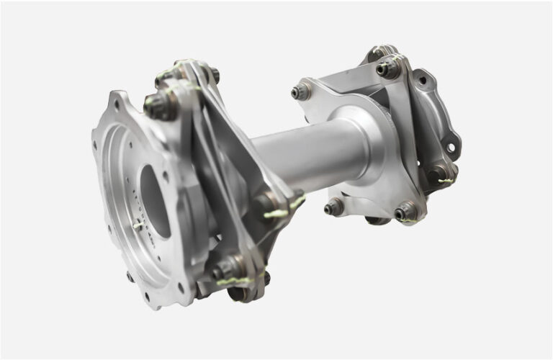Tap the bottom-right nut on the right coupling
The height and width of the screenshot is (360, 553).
pyautogui.click(x=405, y=211)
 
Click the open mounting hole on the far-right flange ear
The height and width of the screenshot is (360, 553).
pyautogui.click(x=451, y=148)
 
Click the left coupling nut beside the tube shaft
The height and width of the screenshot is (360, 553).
pyautogui.click(x=267, y=204)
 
